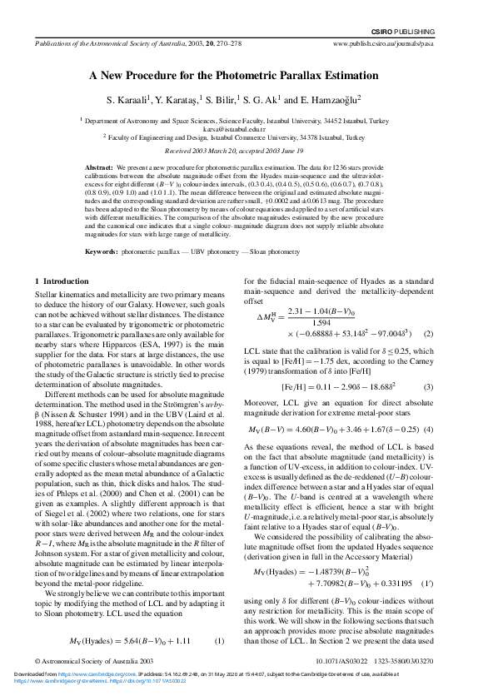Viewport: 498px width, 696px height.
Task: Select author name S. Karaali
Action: tap(132, 100)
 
